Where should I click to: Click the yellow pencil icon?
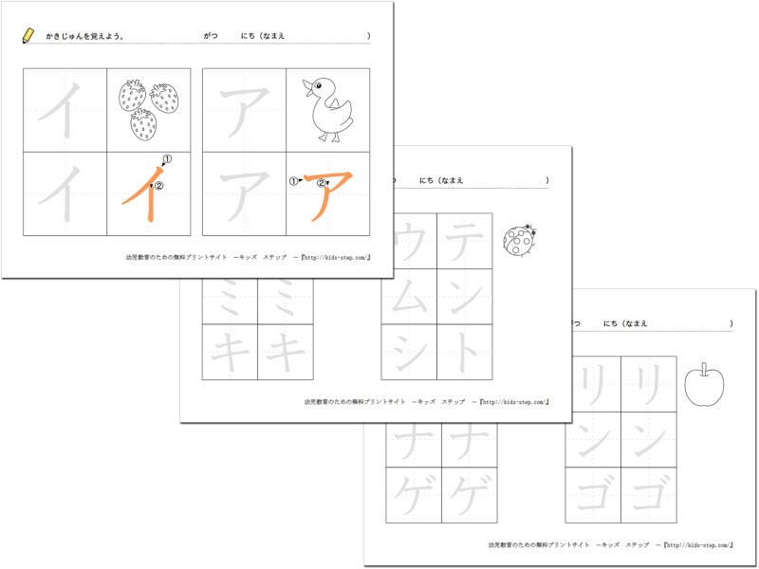[x=28, y=35]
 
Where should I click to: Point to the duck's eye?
[x=317, y=86]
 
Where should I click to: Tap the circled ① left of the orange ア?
[x=294, y=179]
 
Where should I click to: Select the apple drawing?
[x=704, y=385]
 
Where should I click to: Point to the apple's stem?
[x=704, y=367]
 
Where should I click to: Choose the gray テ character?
[x=465, y=241]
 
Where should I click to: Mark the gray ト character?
[x=465, y=352]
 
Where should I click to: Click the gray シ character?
[x=409, y=352]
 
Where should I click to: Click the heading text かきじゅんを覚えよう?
[x=85, y=36]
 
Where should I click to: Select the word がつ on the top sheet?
[x=211, y=36]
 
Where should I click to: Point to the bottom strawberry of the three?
[x=143, y=123]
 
